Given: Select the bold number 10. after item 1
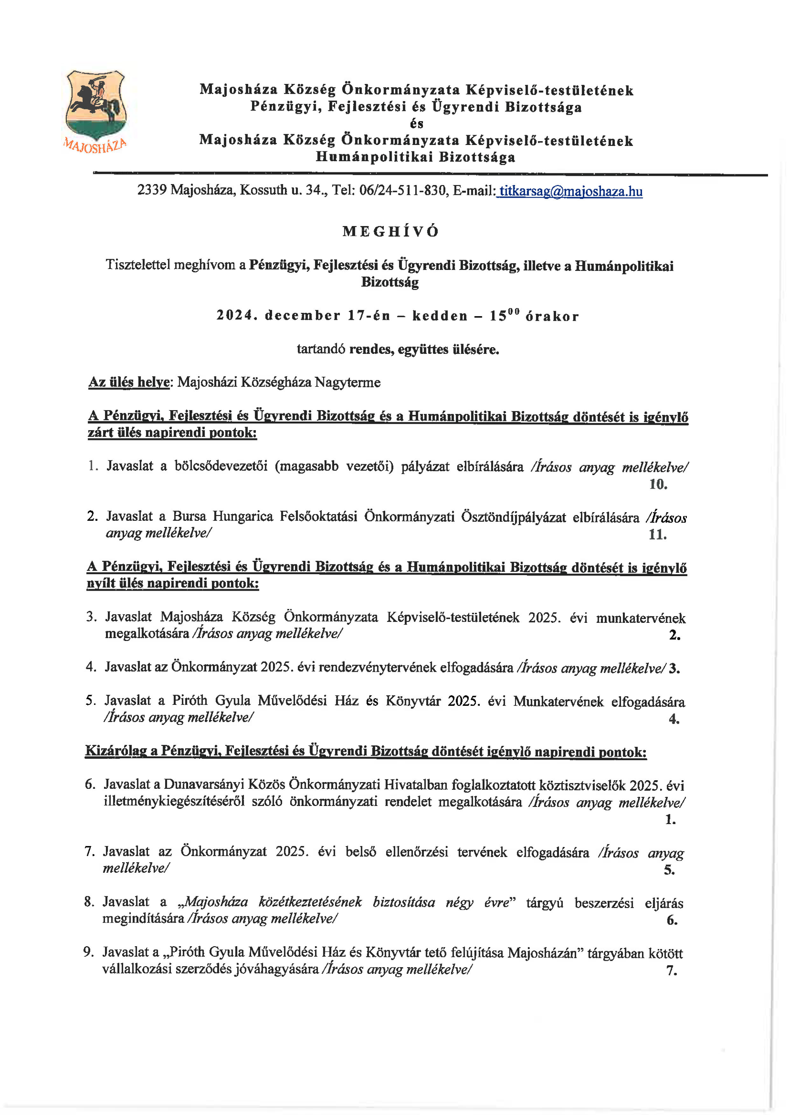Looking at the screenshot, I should [x=658, y=484].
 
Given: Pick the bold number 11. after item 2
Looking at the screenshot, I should [x=657, y=535].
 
